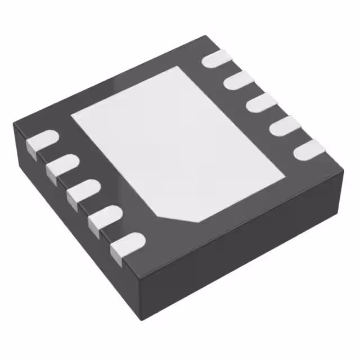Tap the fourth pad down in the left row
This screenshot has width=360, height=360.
(x=105, y=217)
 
